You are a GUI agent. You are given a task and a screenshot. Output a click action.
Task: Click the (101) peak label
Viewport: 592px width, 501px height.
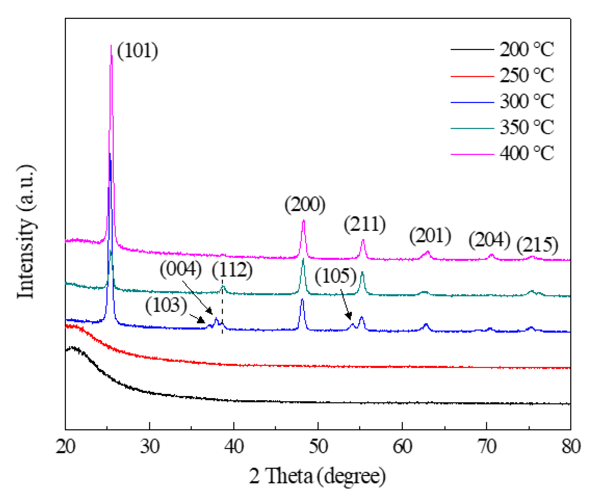[137, 51]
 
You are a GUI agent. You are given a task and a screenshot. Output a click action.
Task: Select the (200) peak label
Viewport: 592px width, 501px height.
[305, 204]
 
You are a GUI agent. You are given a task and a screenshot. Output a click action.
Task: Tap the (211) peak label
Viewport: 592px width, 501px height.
[365, 224]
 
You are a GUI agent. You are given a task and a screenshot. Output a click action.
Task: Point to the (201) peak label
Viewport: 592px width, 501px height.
[430, 236]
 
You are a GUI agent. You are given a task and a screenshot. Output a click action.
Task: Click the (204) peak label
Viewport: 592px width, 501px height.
[489, 240]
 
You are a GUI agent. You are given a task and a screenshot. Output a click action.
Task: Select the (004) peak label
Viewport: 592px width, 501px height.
[181, 269]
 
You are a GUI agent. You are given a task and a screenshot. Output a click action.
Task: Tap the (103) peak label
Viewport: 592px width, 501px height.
[166, 305]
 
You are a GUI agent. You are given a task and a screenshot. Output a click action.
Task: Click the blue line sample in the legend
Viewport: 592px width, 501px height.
[472, 102]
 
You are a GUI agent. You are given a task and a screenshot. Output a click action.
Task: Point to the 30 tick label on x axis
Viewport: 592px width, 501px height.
[149, 447]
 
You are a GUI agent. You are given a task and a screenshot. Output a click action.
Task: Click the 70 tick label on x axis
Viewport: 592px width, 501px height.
[487, 447]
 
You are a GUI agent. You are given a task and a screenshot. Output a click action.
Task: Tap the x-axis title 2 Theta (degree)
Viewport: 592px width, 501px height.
[317, 476]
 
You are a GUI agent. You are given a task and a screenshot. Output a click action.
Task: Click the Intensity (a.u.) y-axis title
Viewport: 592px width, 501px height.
[26, 231]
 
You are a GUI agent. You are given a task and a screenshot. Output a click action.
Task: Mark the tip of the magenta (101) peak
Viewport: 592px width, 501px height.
[111, 45]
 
